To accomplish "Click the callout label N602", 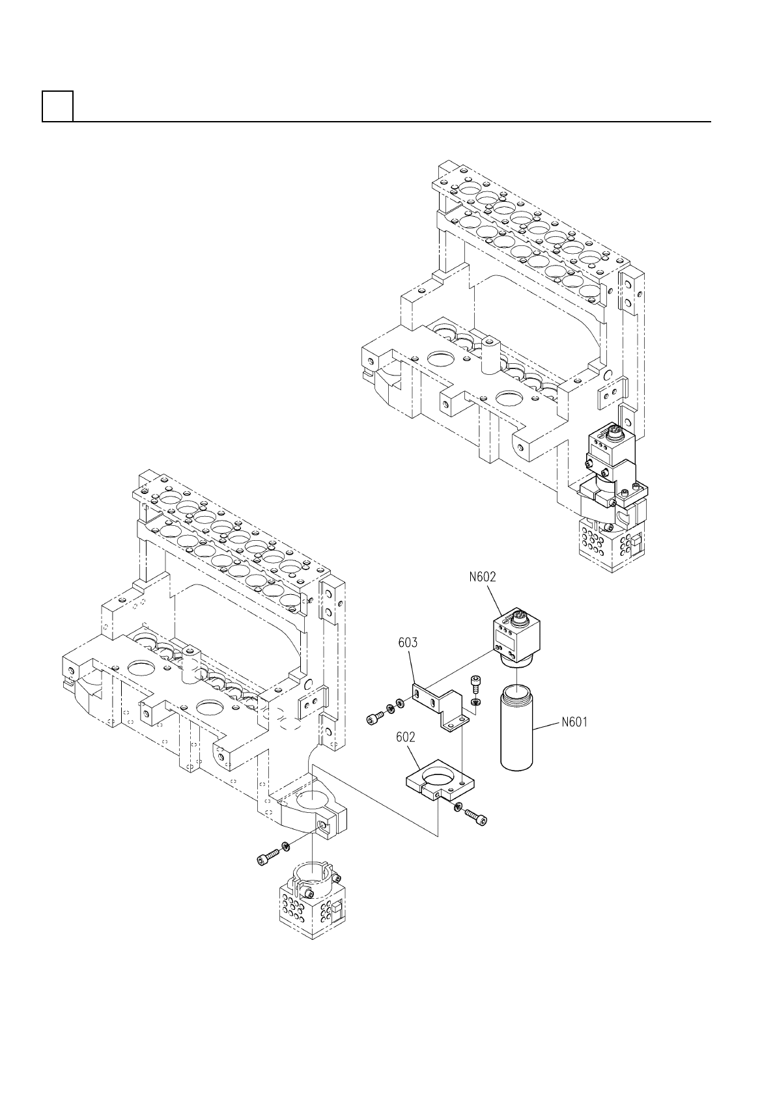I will [483, 577].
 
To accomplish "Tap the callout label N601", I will [574, 722].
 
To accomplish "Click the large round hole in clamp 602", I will [437, 774].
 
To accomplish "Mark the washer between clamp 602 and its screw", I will [458, 807].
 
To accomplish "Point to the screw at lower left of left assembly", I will [265, 859].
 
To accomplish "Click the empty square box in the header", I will [57, 106].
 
